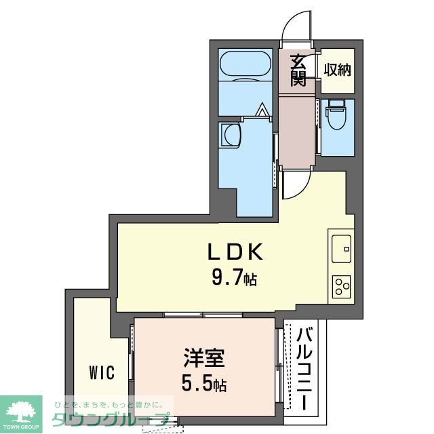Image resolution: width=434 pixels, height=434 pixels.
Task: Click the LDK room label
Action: [234, 252]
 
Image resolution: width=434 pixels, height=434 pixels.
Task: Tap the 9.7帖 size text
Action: [234, 278]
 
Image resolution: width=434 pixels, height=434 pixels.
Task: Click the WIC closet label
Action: [100, 373]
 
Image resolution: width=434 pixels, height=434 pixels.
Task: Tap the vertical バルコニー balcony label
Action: [305, 367]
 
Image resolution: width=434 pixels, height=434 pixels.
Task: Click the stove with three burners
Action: [341, 287]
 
